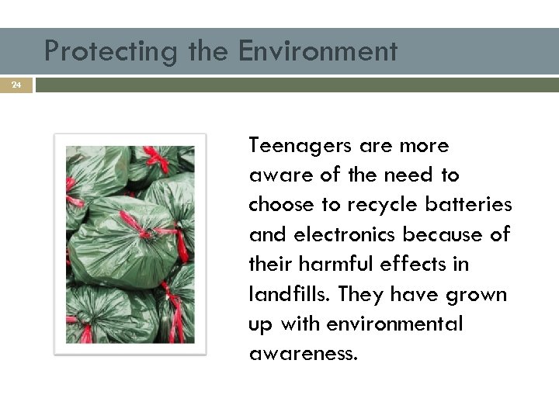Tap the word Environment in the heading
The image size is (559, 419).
point(318,51)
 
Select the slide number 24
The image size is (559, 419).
point(16,84)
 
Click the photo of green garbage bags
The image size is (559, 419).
point(130,244)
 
